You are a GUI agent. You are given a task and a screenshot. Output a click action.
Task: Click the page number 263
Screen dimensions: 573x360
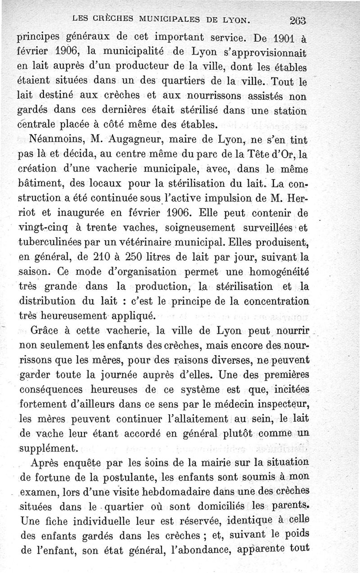point(298,20)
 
